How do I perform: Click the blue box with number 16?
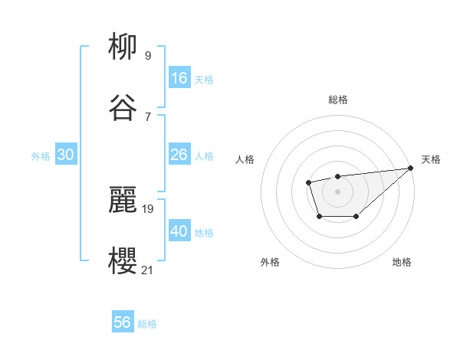[x=179, y=77]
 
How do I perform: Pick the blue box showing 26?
[x=179, y=155]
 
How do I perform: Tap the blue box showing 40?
[x=179, y=231]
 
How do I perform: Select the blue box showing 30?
[x=66, y=155]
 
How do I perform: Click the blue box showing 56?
[x=123, y=322]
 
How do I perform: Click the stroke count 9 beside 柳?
[x=148, y=55]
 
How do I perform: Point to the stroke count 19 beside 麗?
[x=148, y=208]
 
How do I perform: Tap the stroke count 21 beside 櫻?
[x=148, y=270]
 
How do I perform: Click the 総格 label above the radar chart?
[x=337, y=100]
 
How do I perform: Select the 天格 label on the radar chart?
[x=431, y=159]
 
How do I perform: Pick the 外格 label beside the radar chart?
[x=270, y=262]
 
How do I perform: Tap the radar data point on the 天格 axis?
[x=411, y=168]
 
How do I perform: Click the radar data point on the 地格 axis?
[x=356, y=217]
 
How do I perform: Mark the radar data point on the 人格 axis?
[x=308, y=182]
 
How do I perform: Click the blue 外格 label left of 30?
[x=41, y=155]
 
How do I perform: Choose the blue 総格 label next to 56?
[x=148, y=324]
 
